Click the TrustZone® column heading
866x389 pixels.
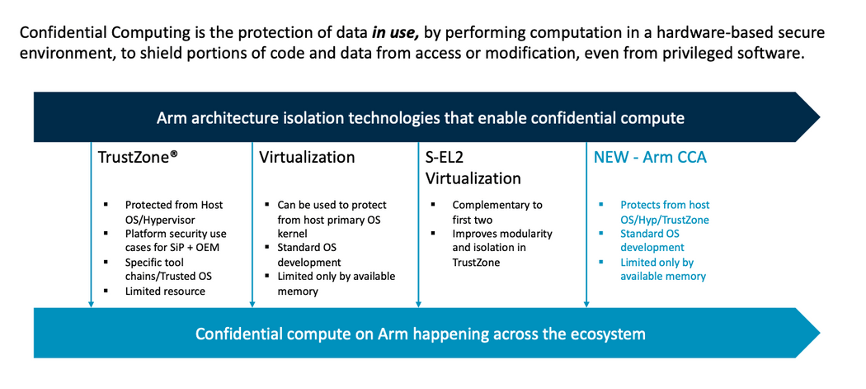[139, 157]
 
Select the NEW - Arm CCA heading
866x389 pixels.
[650, 157]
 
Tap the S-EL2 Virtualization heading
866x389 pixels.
[473, 168]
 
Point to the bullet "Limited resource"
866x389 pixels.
[165, 291]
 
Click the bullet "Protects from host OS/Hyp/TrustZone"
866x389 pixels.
[664, 211]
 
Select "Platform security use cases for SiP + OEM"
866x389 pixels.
[175, 240]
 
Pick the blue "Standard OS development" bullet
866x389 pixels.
[652, 240]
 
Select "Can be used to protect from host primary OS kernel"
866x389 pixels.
[331, 219]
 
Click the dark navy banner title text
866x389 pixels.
[420, 117]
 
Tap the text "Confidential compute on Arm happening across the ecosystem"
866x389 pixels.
[420, 334]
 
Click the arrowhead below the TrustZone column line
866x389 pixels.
[90, 304]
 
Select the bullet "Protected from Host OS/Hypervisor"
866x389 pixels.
[173, 211]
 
